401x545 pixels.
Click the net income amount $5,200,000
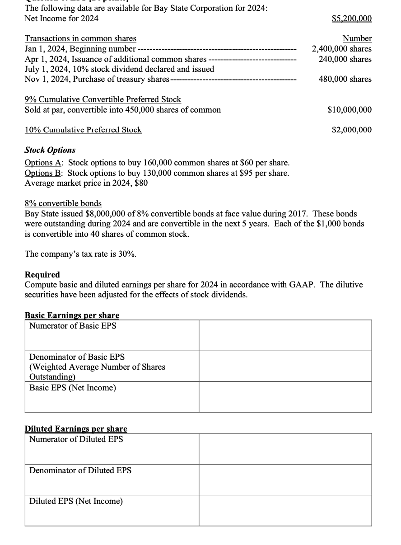[352, 19]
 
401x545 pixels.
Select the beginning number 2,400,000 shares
[342, 49]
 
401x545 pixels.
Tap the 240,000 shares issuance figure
[345, 59]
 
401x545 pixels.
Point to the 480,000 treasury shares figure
[345, 79]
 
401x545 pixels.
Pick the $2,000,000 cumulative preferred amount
[352, 130]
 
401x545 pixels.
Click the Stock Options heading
[50, 150]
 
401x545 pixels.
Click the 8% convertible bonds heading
[63, 203]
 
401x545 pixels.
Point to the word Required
[42, 275]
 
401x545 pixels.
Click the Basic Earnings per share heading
[72, 315]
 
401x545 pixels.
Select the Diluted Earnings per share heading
[76, 429]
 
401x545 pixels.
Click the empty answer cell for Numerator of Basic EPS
[285, 335]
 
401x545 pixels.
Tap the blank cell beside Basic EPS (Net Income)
[285, 397]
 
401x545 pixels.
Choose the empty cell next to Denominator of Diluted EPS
[285, 479]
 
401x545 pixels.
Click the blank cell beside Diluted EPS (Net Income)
[285, 510]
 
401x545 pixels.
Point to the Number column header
[357, 39]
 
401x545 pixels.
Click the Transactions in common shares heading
[80, 39]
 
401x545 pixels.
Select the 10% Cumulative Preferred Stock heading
[83, 130]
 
